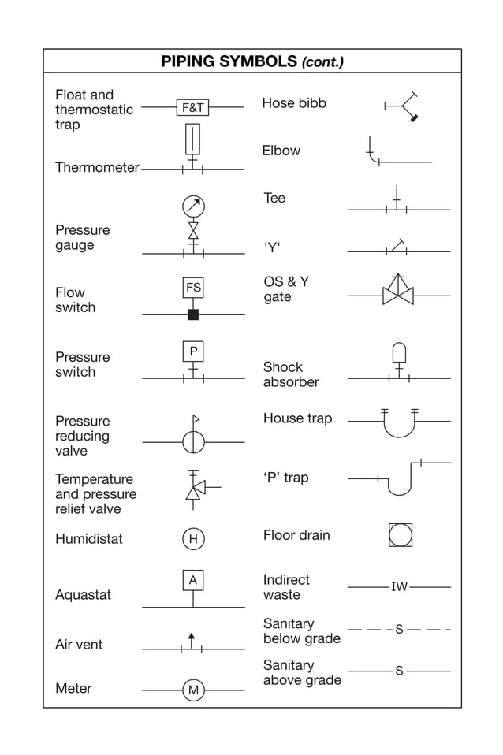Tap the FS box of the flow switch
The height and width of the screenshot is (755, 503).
[x=193, y=288]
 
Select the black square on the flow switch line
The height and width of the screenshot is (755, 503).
[x=193, y=314]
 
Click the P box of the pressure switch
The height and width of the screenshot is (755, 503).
[x=193, y=351]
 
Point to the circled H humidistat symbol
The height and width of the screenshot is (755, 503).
[x=193, y=539]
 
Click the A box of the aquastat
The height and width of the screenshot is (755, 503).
[x=193, y=581]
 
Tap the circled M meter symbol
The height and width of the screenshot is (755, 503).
[x=193, y=690]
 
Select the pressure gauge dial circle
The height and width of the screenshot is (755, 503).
[x=193, y=206]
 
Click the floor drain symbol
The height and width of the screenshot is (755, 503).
[x=401, y=535]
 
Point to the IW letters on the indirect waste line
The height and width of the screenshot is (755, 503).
[x=400, y=587]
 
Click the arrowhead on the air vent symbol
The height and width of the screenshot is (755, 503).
[x=191, y=635]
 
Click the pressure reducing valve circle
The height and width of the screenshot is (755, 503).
[x=193, y=442]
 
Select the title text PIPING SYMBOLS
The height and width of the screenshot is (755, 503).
[x=229, y=61]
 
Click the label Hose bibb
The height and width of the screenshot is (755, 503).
[x=294, y=103]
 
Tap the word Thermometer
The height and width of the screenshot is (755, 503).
[x=97, y=167]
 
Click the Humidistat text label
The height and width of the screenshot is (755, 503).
[x=89, y=539]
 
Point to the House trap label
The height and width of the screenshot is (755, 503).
[x=297, y=418]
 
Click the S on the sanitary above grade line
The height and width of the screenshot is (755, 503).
[x=399, y=671]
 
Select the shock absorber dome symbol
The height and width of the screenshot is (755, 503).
[x=399, y=351]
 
